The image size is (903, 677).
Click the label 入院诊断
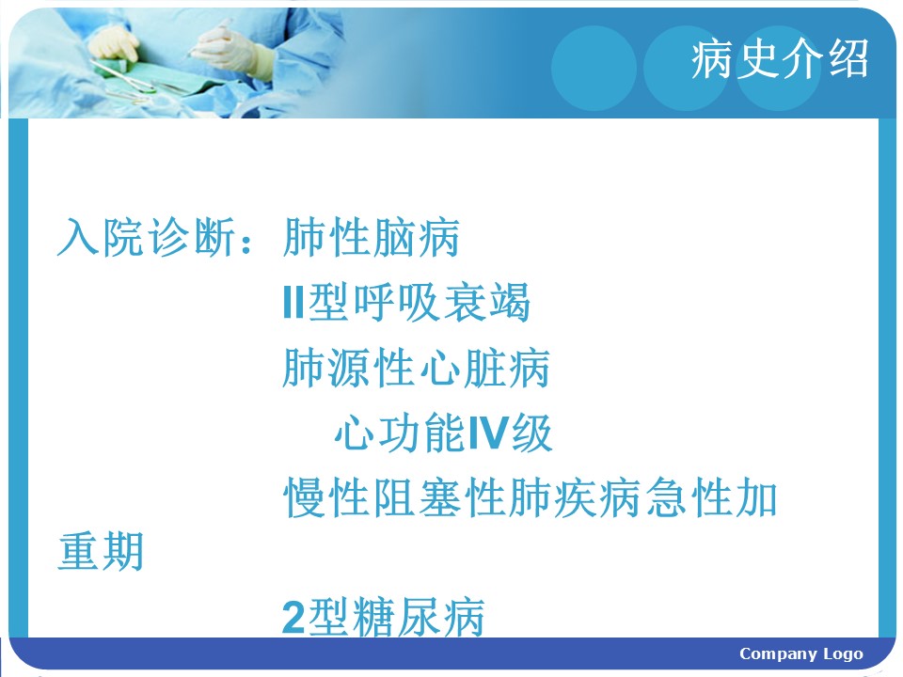147,237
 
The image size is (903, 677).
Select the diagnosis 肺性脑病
372,237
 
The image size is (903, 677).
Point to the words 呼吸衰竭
442,302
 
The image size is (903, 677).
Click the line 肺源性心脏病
417,368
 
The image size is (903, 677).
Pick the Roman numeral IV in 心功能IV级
488,433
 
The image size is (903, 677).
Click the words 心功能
401,433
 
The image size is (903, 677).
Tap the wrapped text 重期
101,551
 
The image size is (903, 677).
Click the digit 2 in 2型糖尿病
293,617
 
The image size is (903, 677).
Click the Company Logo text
801,654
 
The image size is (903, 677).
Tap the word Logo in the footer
843,654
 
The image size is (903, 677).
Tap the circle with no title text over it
594,68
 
